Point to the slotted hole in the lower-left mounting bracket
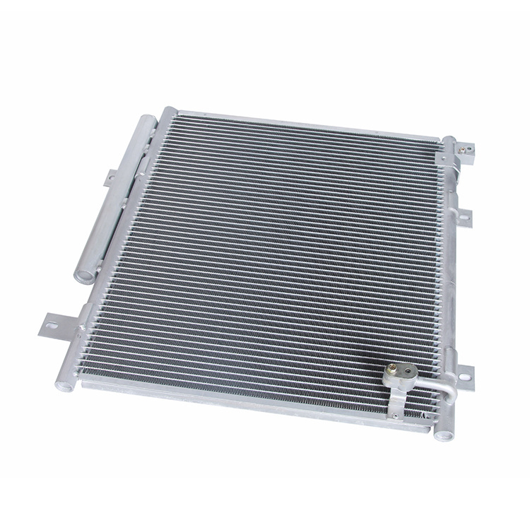click(x=52, y=326)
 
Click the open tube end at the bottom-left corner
click(x=65, y=386)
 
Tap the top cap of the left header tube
click(x=168, y=112)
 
